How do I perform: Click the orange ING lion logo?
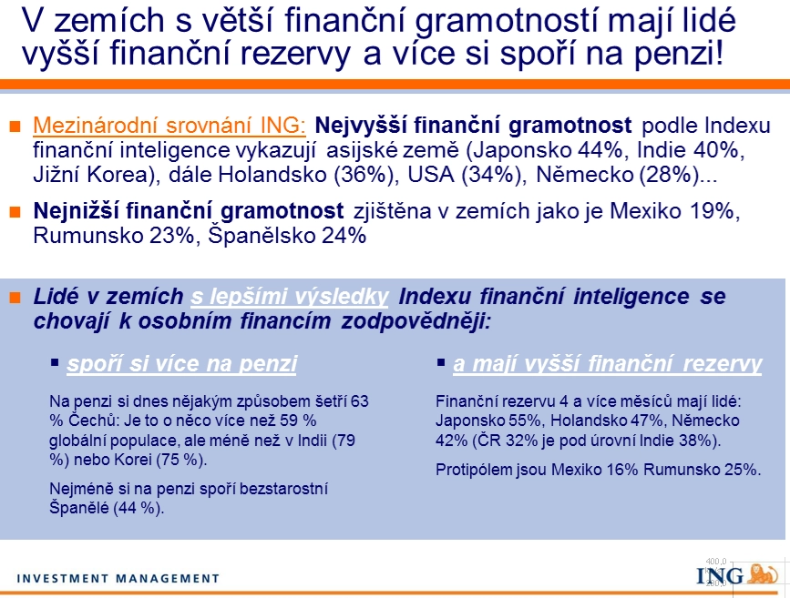(763, 573)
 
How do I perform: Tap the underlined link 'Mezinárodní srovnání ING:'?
(169, 126)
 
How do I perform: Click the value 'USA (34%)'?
(464, 175)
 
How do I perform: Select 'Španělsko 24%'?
(287, 236)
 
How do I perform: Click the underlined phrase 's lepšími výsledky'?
(289, 297)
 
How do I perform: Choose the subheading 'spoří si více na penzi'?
(182, 363)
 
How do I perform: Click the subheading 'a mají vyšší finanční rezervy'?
(607, 363)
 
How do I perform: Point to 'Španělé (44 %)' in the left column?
(107, 508)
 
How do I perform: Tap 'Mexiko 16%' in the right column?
(594, 470)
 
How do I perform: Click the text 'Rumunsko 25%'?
(702, 470)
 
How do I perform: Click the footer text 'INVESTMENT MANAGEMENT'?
(118, 578)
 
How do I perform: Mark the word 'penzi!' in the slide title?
(678, 54)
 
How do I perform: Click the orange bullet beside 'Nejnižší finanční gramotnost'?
(15, 211)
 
